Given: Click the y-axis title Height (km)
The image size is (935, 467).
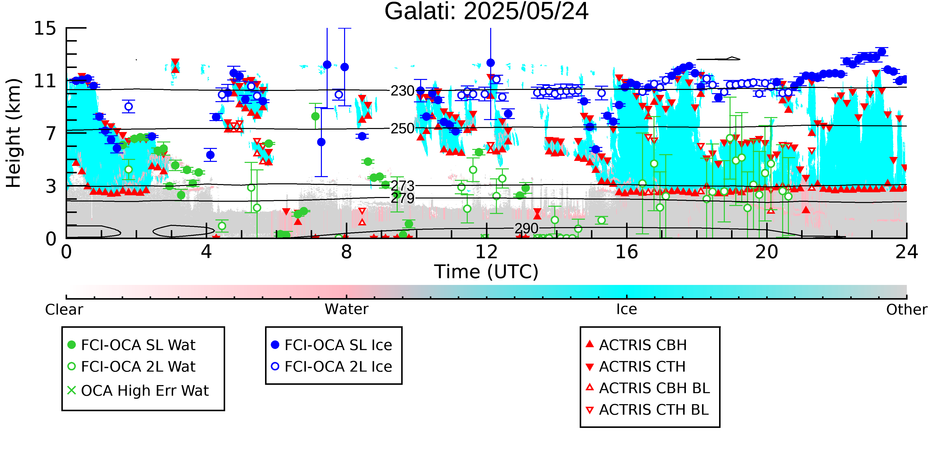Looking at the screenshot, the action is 14,133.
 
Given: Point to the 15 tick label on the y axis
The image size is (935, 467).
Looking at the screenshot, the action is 45,28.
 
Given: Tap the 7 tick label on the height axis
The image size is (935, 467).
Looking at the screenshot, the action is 51,133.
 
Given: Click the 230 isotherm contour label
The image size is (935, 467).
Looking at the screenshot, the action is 402,91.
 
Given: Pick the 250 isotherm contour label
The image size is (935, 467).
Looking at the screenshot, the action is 402,128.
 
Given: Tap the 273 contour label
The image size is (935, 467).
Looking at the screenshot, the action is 402,186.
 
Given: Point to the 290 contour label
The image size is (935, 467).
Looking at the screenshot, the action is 526,228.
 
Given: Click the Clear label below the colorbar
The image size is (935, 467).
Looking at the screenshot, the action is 64,310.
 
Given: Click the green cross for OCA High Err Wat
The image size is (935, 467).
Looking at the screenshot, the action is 72,391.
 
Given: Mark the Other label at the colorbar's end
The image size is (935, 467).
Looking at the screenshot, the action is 906,310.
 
